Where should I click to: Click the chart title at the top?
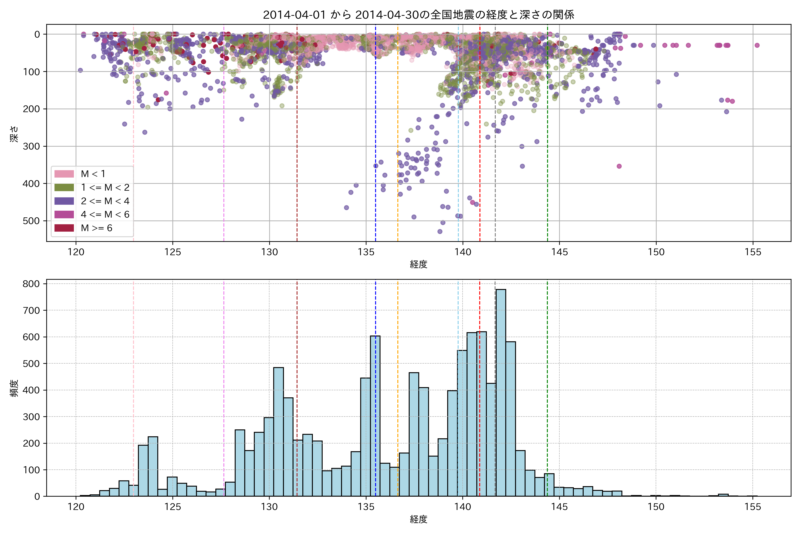(419, 15)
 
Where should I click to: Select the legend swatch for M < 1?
(64, 174)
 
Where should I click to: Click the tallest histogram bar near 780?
(501, 392)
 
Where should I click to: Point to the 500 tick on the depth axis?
(33, 221)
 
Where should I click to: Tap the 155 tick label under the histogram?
(753, 507)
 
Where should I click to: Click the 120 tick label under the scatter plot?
(76, 252)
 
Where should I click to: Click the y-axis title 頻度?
(14, 388)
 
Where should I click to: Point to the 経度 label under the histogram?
(419, 519)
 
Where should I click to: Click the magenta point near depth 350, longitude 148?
(619, 166)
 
